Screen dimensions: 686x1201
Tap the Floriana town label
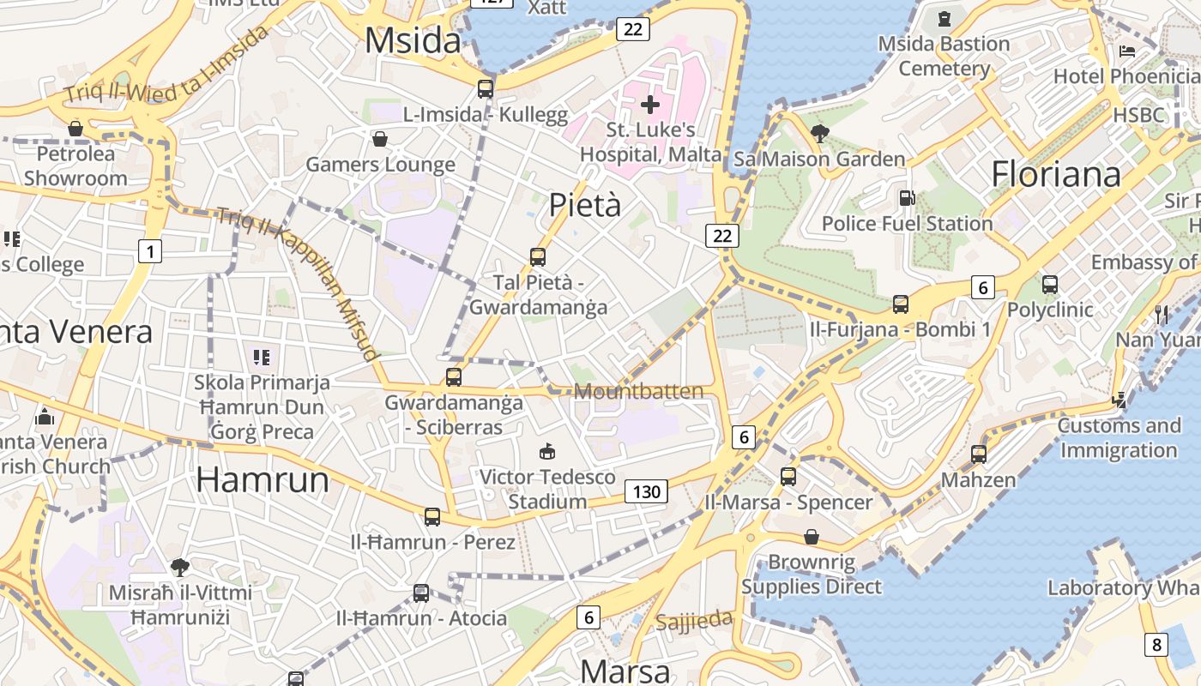(x=1056, y=174)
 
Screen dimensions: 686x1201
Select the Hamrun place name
(x=263, y=479)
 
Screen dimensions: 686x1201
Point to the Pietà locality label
(x=584, y=205)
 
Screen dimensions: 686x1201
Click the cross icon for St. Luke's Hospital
(x=650, y=105)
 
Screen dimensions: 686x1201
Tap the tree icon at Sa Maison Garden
(x=819, y=133)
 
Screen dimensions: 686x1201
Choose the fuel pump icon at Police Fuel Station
(x=907, y=198)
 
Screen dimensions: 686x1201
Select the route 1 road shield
(x=150, y=251)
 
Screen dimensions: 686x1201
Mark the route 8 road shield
(x=1156, y=644)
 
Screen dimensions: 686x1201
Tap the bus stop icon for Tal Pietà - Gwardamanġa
(x=538, y=256)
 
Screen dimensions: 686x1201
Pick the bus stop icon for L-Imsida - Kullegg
(x=486, y=87)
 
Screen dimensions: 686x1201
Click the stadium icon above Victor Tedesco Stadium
(x=546, y=451)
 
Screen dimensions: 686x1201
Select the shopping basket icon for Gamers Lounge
(x=379, y=138)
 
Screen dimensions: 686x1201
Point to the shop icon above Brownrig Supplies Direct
(x=811, y=537)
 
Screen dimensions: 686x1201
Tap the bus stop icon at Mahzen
(x=979, y=454)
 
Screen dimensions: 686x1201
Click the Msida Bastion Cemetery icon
(x=945, y=18)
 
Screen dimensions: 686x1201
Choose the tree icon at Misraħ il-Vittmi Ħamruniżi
(x=180, y=567)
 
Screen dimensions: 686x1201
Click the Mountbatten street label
(x=638, y=392)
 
